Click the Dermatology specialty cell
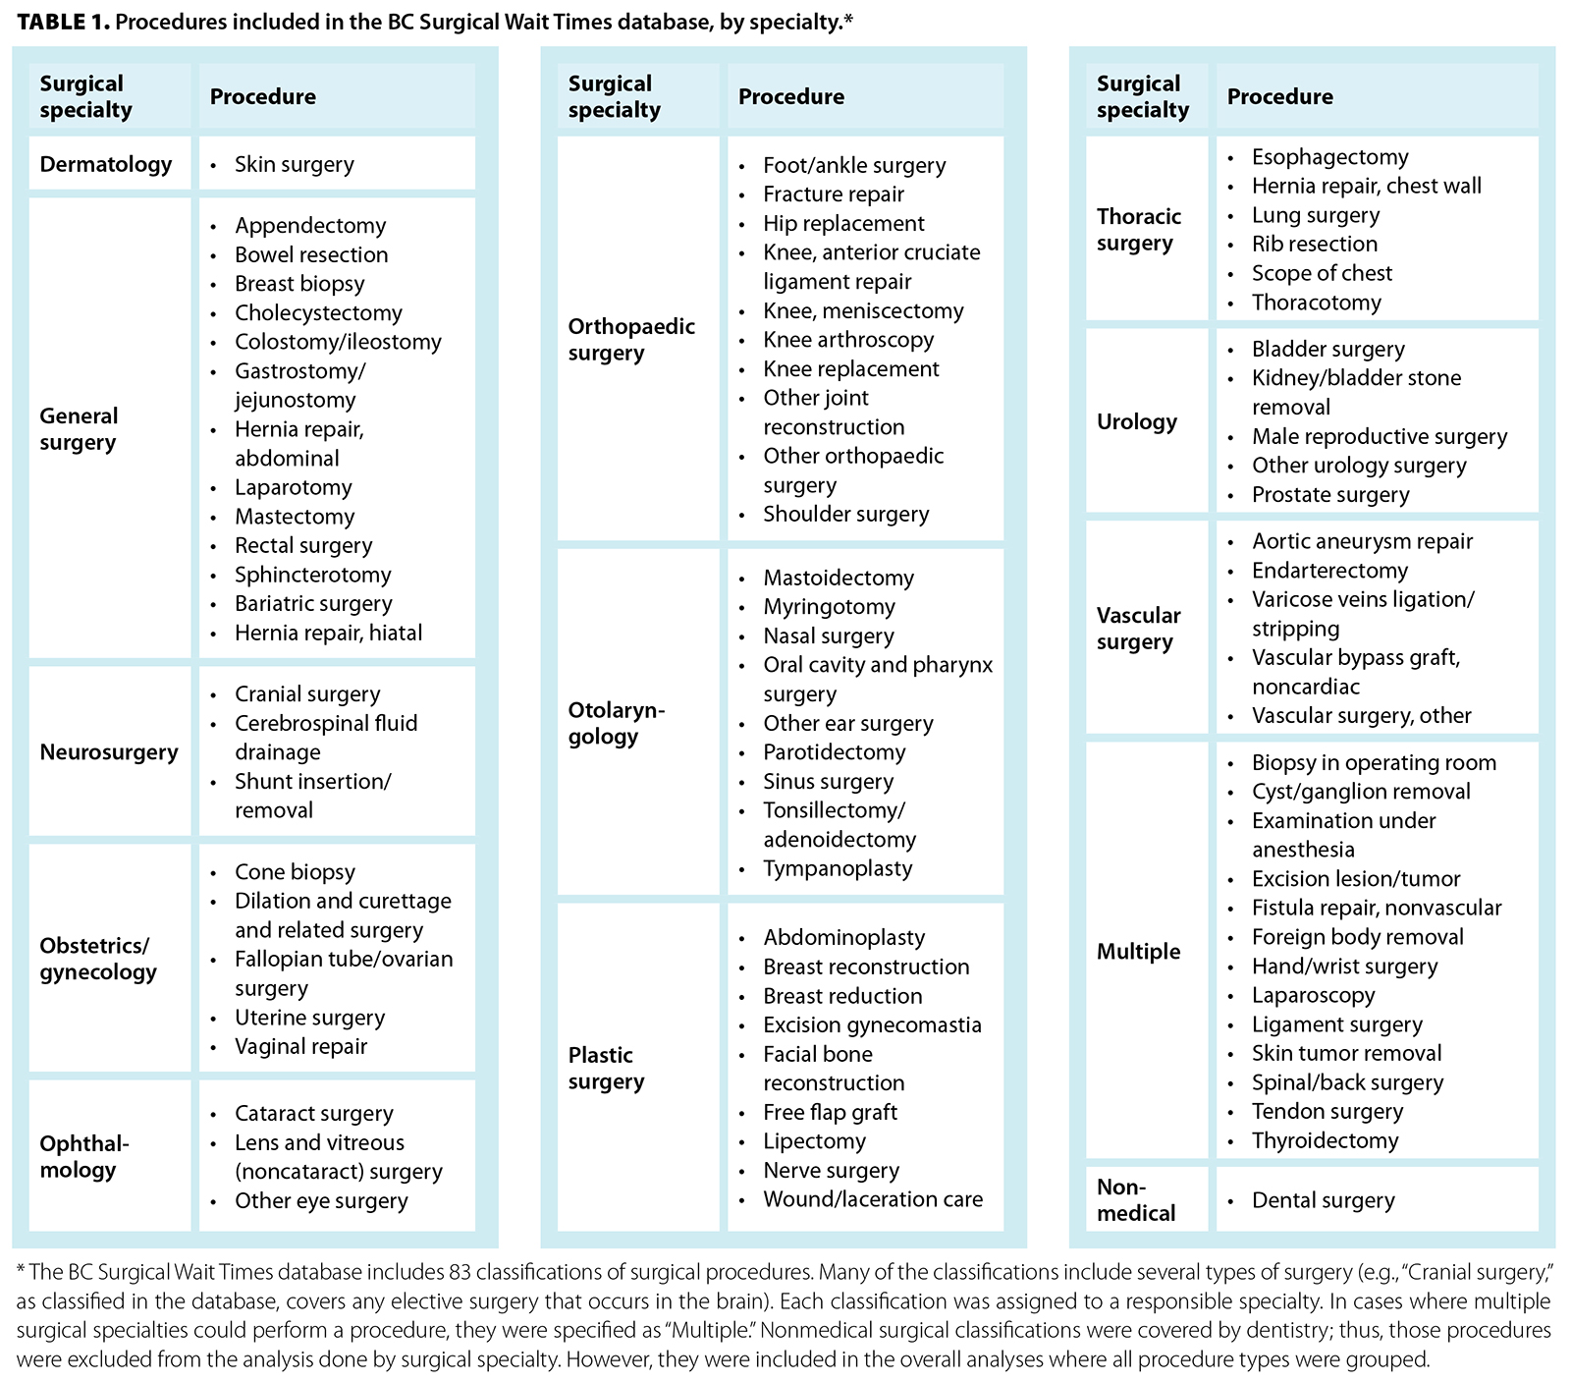pos(106,164)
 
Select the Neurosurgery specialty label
pos(109,752)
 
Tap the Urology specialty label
pos(1136,421)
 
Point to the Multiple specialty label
pos(1139,951)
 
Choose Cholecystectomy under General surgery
pos(318,313)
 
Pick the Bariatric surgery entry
pos(313,604)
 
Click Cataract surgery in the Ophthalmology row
pos(313,1114)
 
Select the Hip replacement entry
pos(843,224)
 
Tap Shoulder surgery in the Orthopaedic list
pos(845,515)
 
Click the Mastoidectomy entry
pos(839,579)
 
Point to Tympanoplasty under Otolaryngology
pos(838,869)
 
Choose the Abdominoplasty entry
pos(843,938)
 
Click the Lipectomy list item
pos(814,1141)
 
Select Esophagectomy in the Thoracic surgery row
pos(1329,157)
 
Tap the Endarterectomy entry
pos(1329,571)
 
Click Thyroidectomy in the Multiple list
pos(1325,1141)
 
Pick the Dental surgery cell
pos(1323,1200)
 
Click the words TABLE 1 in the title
pos(62,22)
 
